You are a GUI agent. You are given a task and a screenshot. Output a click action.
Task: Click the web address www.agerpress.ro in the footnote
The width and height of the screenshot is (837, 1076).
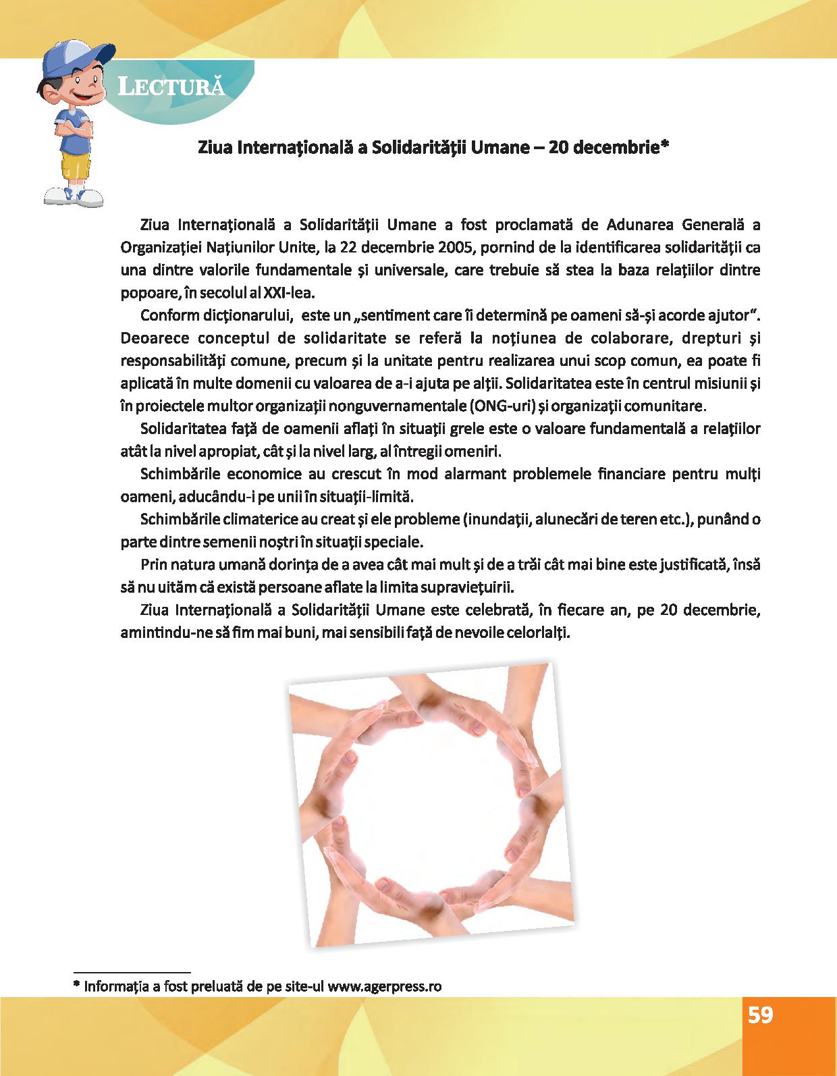(385, 986)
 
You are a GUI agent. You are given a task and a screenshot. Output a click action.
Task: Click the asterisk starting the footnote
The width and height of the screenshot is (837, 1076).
(76, 984)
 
